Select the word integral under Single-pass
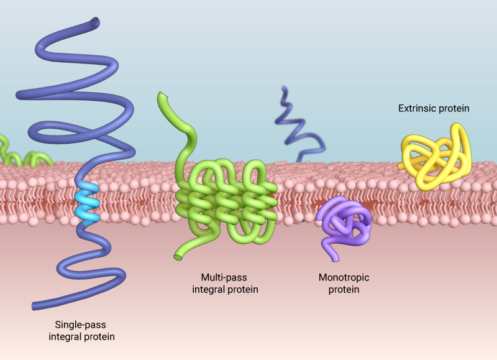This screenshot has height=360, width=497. [65, 336]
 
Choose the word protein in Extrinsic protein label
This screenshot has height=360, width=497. [454, 108]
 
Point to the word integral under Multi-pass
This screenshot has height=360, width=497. [209, 289]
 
